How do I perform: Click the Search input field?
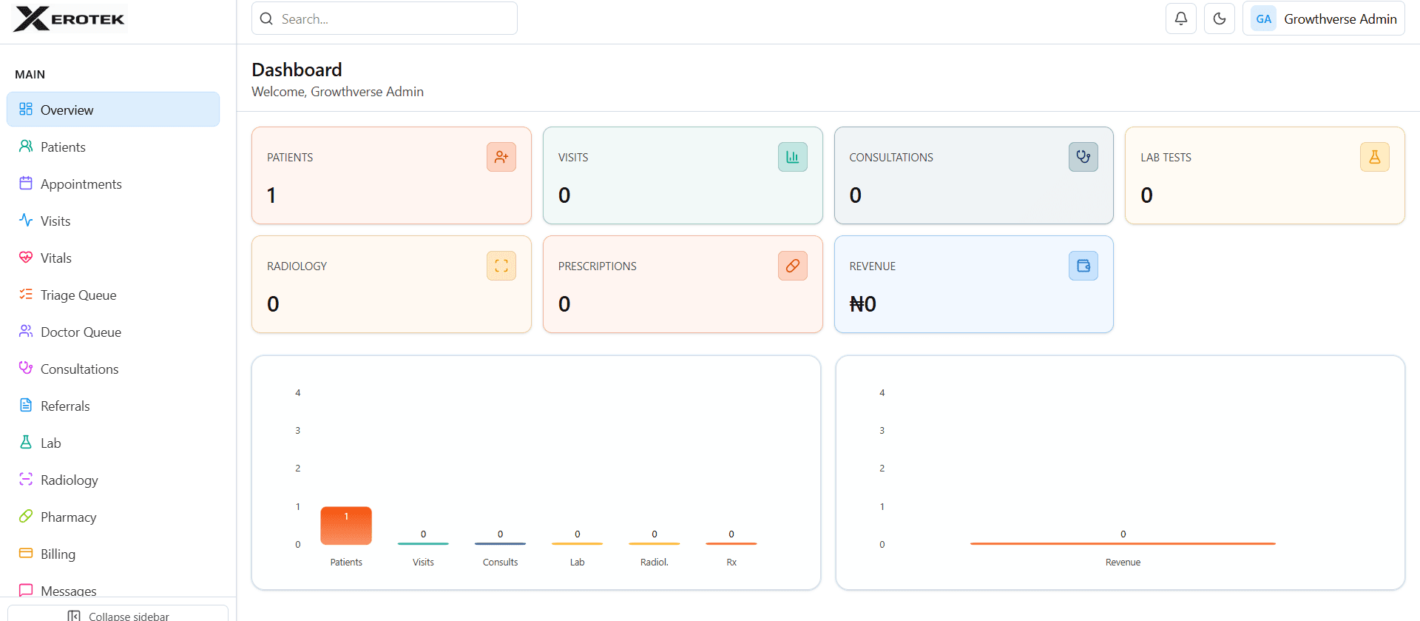click(385, 19)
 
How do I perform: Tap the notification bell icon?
click(1181, 19)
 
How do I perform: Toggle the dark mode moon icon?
click(1220, 19)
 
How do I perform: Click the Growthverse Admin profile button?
click(1324, 19)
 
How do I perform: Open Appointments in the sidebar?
click(81, 184)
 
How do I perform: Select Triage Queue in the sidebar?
click(78, 295)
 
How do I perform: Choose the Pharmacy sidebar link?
click(68, 517)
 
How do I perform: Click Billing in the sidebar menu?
click(58, 554)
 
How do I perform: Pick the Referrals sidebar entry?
click(65, 406)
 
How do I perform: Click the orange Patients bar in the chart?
click(346, 526)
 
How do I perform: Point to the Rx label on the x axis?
click(731, 563)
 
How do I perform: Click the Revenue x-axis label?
click(1123, 563)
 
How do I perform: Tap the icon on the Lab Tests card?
click(1374, 157)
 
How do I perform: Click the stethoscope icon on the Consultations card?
click(1083, 157)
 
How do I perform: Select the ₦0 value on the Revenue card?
click(862, 304)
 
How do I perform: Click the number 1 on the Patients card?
click(271, 195)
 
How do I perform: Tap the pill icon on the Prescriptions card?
click(792, 266)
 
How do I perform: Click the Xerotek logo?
click(70, 19)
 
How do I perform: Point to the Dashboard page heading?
click(297, 70)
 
